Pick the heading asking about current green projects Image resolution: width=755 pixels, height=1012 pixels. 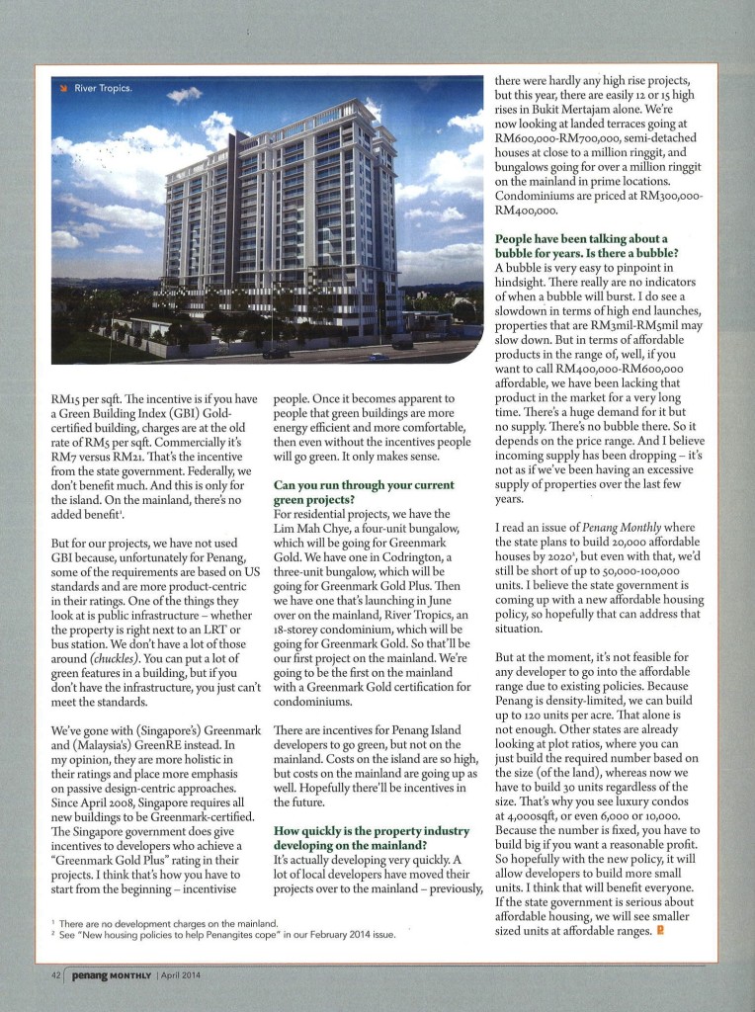point(350,493)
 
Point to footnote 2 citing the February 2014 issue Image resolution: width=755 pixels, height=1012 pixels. point(217,934)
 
